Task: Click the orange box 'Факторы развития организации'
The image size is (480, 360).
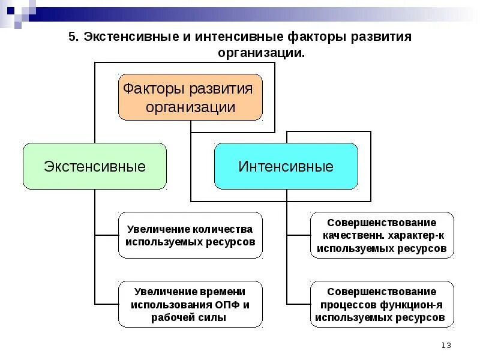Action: pyautogui.click(x=190, y=97)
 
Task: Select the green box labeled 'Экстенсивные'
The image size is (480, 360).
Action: pyautogui.click(x=94, y=166)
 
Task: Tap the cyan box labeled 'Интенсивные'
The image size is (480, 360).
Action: pyautogui.click(x=286, y=166)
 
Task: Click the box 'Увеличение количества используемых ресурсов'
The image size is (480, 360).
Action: pyautogui.click(x=190, y=235)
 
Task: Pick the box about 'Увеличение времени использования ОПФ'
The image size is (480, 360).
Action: pyautogui.click(x=190, y=304)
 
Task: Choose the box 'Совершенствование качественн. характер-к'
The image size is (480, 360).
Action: pyautogui.click(x=382, y=235)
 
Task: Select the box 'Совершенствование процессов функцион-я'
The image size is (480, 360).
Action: pyautogui.click(x=382, y=304)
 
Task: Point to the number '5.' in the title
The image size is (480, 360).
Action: pyautogui.click(x=73, y=37)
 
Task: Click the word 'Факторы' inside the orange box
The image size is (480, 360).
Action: pyautogui.click(x=154, y=89)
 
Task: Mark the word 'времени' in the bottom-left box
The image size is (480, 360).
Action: pyautogui.click(x=223, y=292)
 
